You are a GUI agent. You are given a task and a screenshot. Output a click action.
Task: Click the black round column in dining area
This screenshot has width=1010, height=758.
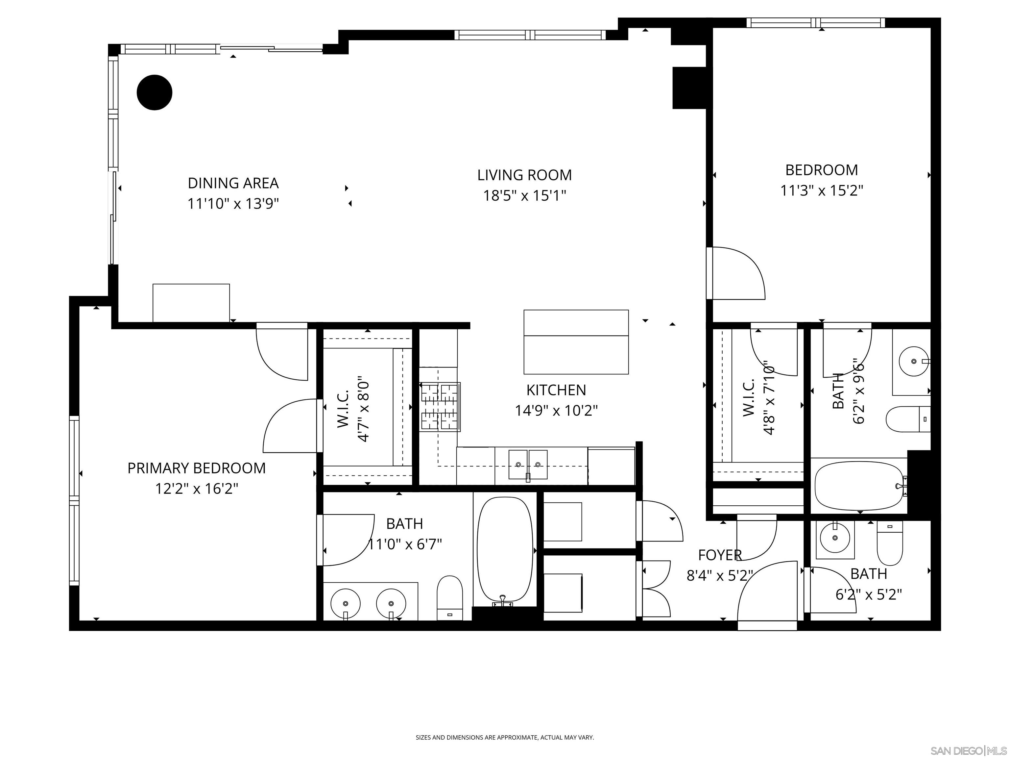tap(154, 92)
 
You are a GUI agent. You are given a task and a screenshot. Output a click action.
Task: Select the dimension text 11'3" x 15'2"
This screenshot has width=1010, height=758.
tap(821, 190)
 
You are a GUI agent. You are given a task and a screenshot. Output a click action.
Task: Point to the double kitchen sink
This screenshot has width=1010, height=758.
tap(528, 465)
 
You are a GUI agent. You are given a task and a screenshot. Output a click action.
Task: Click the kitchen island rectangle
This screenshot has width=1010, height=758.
tap(576, 342)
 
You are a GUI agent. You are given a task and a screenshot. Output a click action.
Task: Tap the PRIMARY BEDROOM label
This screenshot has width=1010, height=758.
tap(196, 468)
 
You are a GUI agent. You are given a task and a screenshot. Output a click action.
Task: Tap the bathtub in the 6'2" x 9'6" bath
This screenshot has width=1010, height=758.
tap(858, 486)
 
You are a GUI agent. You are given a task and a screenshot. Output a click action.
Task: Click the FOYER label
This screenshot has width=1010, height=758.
tap(720, 555)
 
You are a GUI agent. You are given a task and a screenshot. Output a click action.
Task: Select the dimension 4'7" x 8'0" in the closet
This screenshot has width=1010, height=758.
tap(363, 409)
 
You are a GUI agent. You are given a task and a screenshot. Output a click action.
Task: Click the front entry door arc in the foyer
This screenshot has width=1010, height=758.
tap(767, 594)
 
